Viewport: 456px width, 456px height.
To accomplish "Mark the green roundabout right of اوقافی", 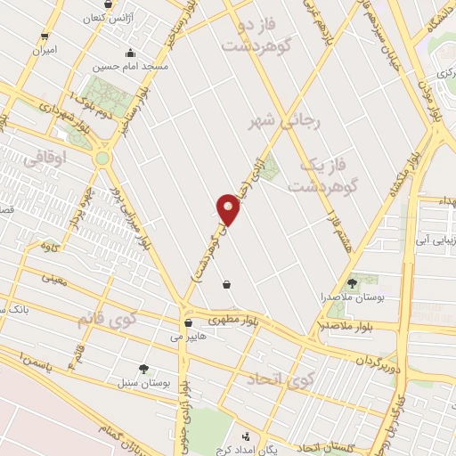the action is click(x=103, y=159).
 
